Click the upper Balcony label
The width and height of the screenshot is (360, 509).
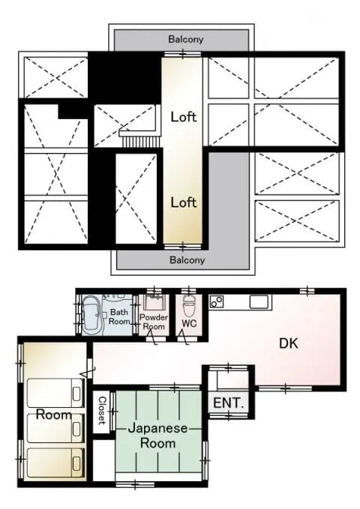(186, 39)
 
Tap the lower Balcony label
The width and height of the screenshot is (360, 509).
(187, 259)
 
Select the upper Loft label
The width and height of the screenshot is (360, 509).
(184, 117)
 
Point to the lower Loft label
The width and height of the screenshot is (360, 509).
(184, 202)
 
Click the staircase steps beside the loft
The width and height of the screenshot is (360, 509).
(141, 142)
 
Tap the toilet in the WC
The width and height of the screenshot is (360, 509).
(189, 305)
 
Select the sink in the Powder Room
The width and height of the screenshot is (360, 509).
(154, 302)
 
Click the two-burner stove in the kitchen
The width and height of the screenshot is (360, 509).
(217, 301)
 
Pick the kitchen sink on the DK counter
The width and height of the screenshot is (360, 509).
(259, 302)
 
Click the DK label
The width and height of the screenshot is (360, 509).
(289, 343)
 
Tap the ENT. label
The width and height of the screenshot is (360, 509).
(229, 403)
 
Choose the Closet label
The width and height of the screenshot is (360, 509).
(102, 411)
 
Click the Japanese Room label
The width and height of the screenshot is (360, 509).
(158, 436)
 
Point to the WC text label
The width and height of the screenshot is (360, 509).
(189, 323)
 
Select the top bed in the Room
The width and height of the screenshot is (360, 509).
(55, 393)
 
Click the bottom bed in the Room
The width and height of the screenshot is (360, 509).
(55, 463)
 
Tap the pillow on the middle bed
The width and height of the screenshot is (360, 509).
(76, 429)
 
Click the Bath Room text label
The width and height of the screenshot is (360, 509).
(119, 317)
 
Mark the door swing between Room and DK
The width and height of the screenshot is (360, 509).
(88, 372)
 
